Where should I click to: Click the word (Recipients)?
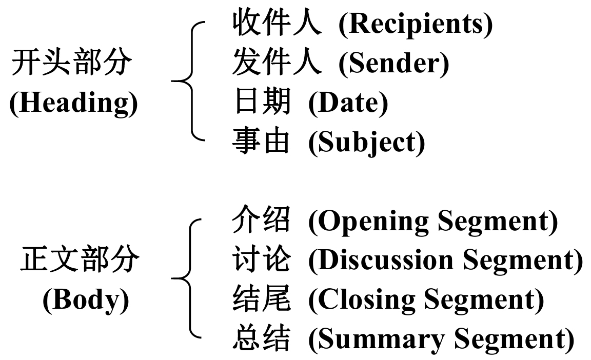[415, 24]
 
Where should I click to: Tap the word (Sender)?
[393, 63]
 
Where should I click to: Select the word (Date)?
[348, 103]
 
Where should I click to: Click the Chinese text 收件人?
[277, 24]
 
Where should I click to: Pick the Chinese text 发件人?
[277, 63]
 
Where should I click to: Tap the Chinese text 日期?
[262, 102]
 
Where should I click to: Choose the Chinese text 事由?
[262, 142]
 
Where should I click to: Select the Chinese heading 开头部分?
[72, 64]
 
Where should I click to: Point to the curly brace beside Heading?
[189, 81]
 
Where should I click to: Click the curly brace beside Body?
[189, 278]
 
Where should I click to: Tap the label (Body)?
[86, 299]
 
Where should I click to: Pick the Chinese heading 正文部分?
[80, 261]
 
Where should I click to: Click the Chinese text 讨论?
[262, 260]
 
